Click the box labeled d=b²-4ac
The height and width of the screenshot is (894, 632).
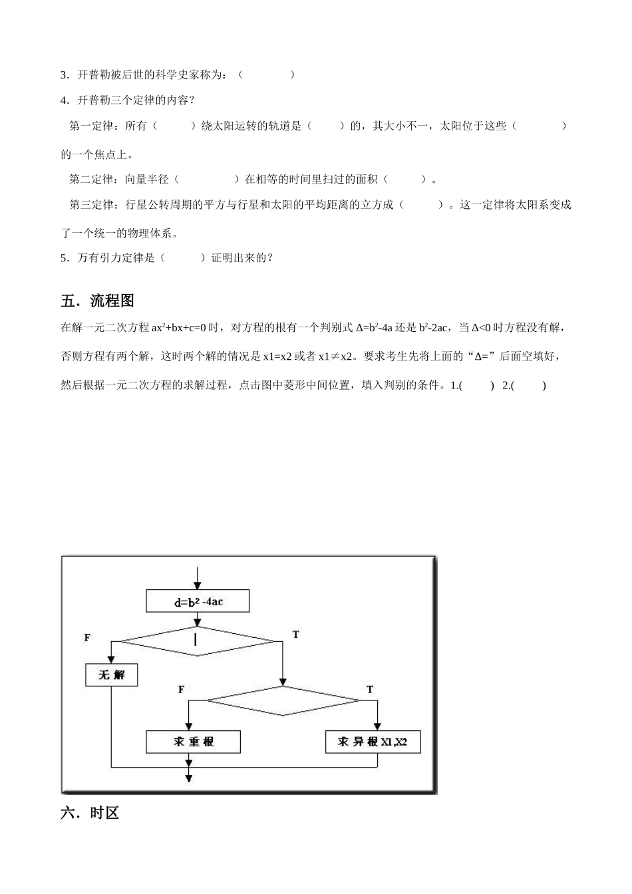pyautogui.click(x=198, y=601)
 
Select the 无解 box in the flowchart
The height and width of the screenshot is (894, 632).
pyautogui.click(x=112, y=674)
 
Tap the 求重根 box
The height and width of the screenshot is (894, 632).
pyautogui.click(x=194, y=742)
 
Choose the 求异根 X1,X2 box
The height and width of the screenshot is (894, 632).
pyautogui.click(x=373, y=742)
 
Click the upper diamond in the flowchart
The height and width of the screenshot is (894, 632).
pyautogui.click(x=196, y=641)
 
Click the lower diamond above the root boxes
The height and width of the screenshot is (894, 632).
pyautogui.click(x=283, y=700)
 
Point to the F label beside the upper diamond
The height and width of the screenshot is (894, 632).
pyautogui.click(x=87, y=637)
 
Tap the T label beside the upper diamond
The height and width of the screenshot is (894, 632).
pyautogui.click(x=295, y=635)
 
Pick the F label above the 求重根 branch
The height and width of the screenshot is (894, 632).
pyautogui.click(x=181, y=690)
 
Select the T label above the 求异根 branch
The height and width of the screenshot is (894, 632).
pyautogui.click(x=370, y=690)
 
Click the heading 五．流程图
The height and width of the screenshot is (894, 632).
pyautogui.click(x=98, y=301)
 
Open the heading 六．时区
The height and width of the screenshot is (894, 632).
pyautogui.click(x=90, y=813)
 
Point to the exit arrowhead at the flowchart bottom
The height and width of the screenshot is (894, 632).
pyautogui.click(x=188, y=778)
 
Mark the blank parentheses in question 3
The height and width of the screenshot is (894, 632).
pyautogui.click(x=266, y=74)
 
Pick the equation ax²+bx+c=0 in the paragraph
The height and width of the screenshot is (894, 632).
pyautogui.click(x=180, y=327)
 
